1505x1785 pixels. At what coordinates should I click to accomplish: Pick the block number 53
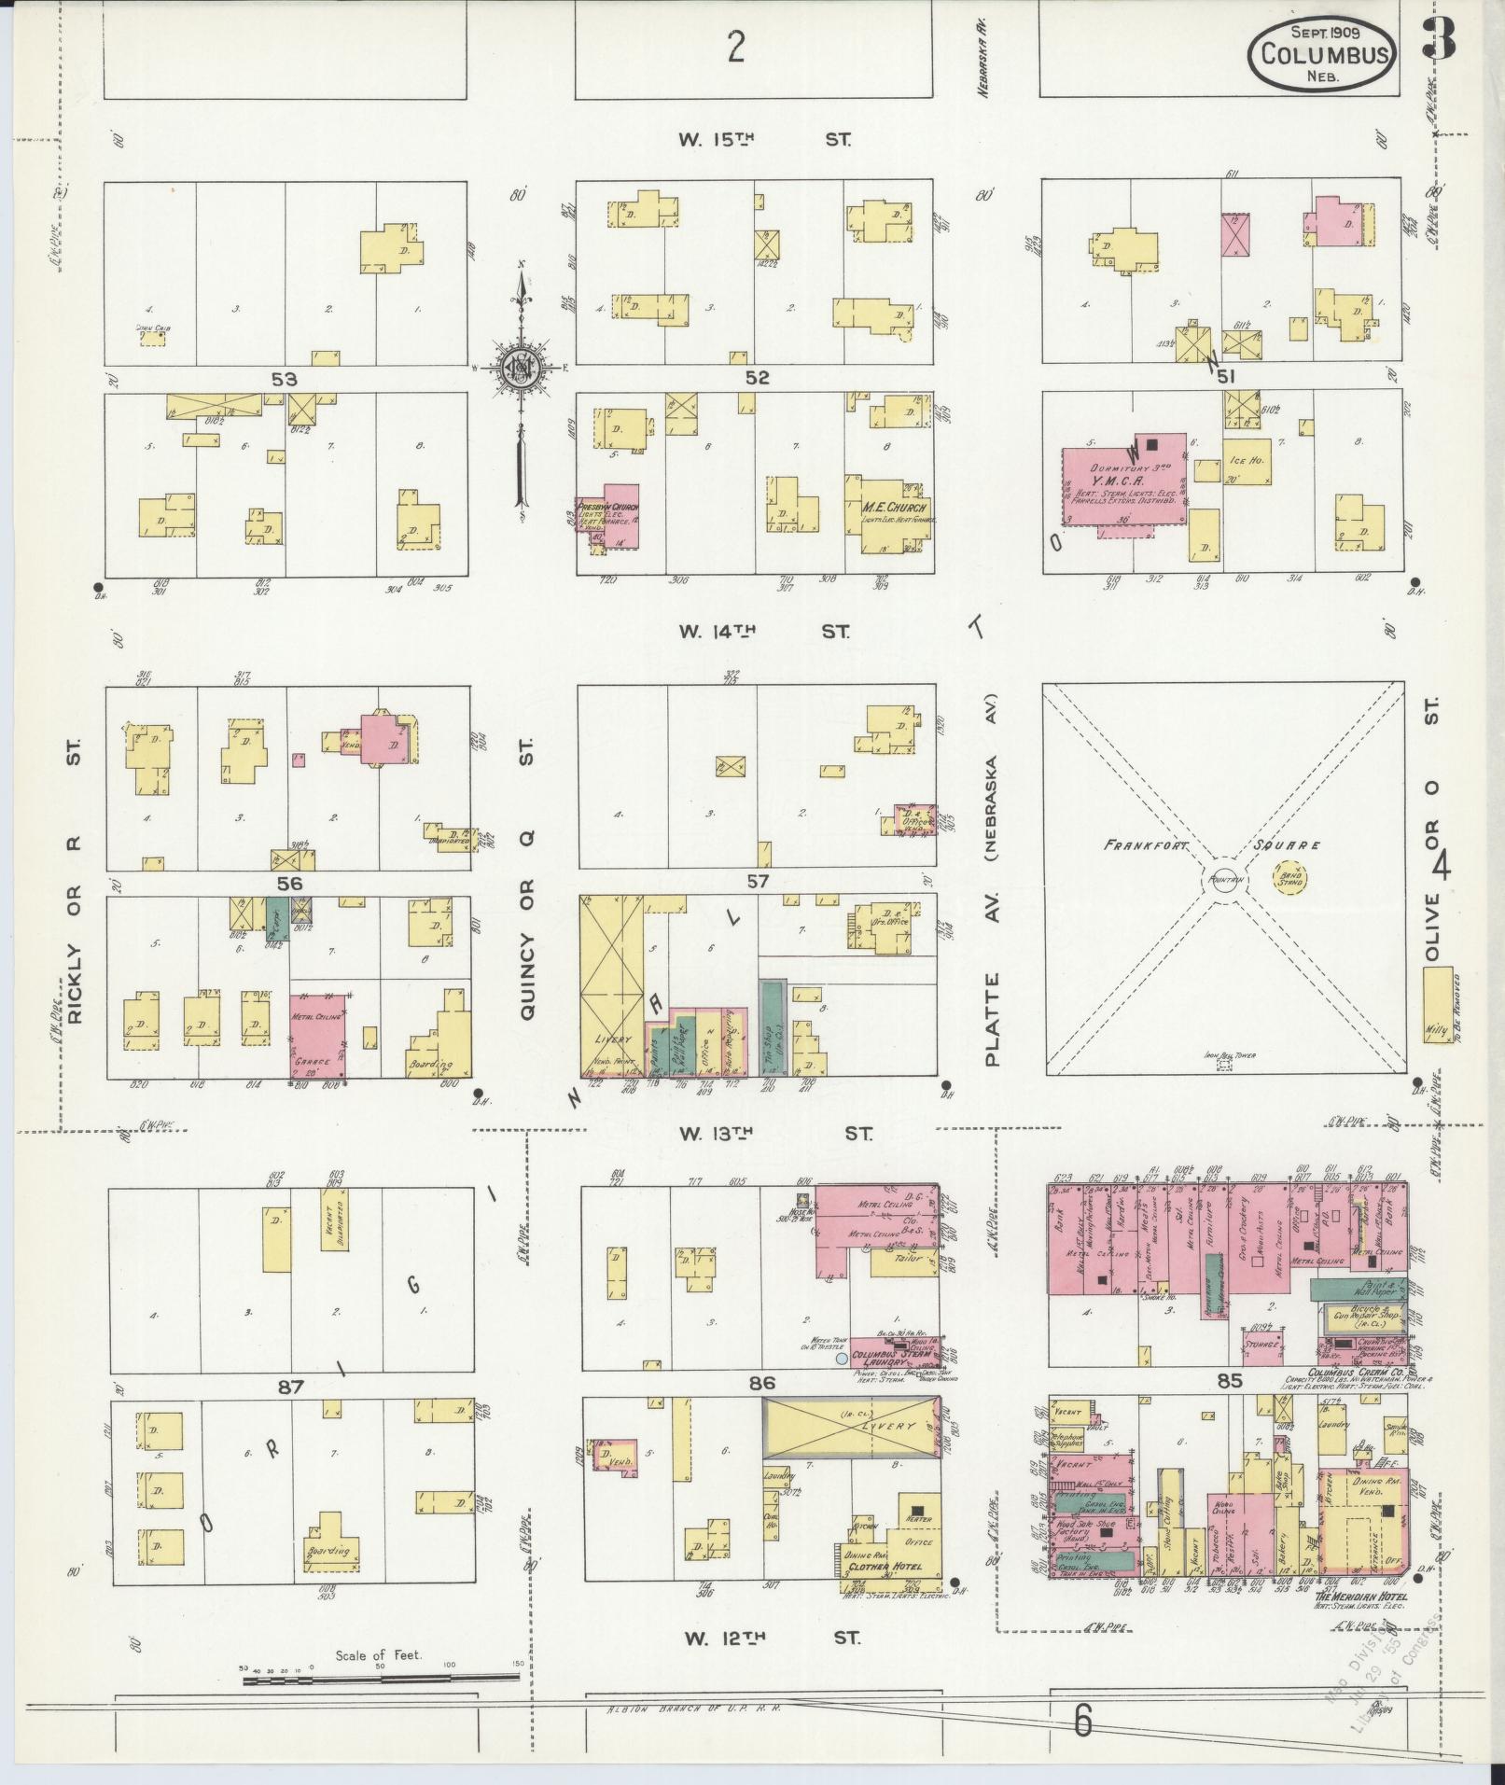284,379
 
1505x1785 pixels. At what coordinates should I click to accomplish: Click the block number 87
290,1388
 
